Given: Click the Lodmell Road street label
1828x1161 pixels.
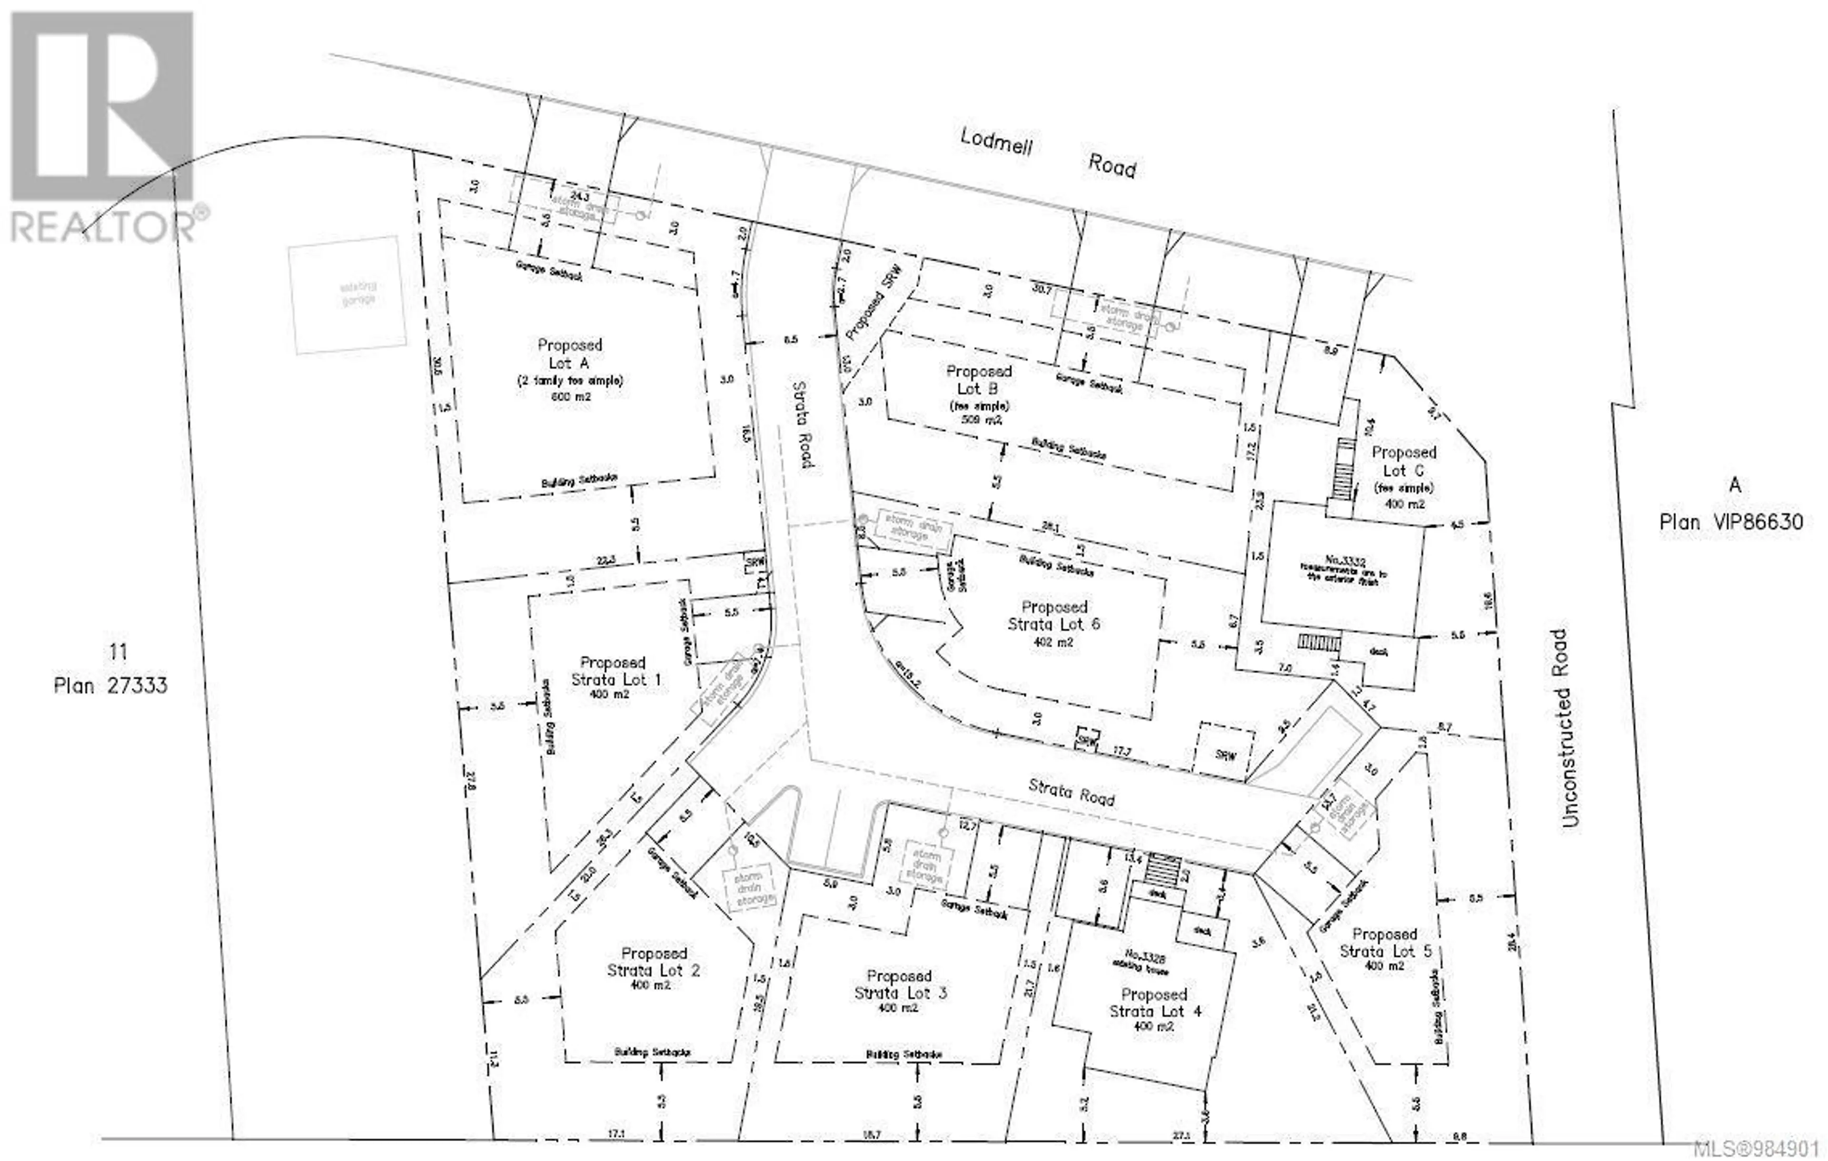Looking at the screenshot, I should (x=1048, y=152).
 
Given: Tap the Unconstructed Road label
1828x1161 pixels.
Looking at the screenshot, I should (x=1568, y=728).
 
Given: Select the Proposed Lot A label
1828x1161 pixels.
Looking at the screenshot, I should (x=570, y=354).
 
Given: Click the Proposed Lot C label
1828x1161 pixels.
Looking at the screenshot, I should (x=1404, y=461).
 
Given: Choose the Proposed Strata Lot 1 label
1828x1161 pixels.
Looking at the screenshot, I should (x=614, y=671).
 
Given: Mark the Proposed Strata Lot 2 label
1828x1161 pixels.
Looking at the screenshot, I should (x=654, y=961).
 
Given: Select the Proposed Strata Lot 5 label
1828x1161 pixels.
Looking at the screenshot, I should (x=1385, y=942).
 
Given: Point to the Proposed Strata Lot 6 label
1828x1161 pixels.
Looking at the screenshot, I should (x=1054, y=615).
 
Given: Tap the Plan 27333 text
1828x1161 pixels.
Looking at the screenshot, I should (x=111, y=686).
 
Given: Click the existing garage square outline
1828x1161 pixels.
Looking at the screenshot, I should (x=347, y=295).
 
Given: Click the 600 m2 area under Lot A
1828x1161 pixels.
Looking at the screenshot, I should (x=571, y=396).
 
